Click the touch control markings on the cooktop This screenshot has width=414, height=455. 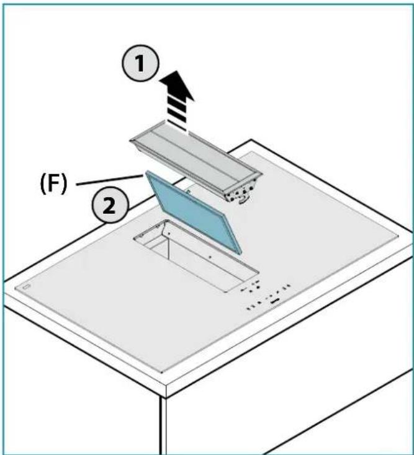click(x=267, y=298)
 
